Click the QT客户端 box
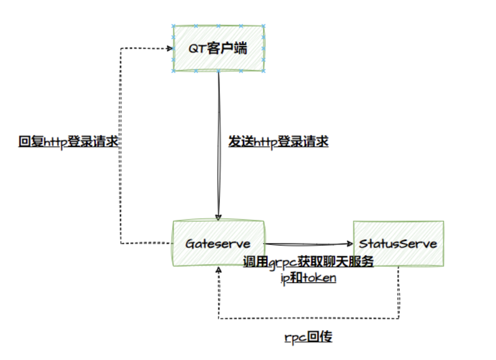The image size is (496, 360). coord(219,48)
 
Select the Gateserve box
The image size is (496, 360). coord(219,243)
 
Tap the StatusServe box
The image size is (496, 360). coord(398,243)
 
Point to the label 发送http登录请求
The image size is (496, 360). coord(278,141)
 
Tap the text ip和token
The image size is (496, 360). coord(308,278)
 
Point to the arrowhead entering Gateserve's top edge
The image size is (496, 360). coord(218,216)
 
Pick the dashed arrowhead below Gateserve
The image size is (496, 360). coord(218,271)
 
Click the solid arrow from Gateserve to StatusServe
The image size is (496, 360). coord(307,244)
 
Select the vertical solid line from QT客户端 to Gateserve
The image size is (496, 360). coord(219,124)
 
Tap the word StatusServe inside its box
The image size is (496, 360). coord(398,244)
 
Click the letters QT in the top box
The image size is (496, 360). coord(197,48)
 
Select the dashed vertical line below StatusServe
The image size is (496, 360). coord(398,291)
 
